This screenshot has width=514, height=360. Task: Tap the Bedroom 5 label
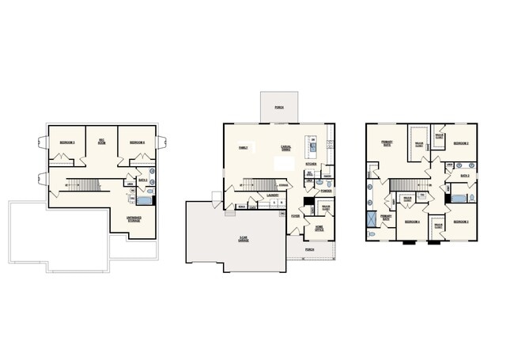point(67,142)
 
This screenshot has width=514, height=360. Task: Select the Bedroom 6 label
point(137,142)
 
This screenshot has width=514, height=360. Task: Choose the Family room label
point(244,147)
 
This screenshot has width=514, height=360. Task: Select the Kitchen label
point(311,165)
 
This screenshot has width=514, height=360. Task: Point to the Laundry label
point(272,194)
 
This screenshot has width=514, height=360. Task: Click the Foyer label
point(295,214)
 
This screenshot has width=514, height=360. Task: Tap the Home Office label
point(319,228)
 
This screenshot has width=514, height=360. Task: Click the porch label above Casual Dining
point(279,106)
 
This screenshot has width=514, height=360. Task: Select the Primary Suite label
point(387,144)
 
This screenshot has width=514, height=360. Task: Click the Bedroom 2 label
point(462,142)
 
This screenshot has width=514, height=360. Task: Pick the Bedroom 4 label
point(412,222)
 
